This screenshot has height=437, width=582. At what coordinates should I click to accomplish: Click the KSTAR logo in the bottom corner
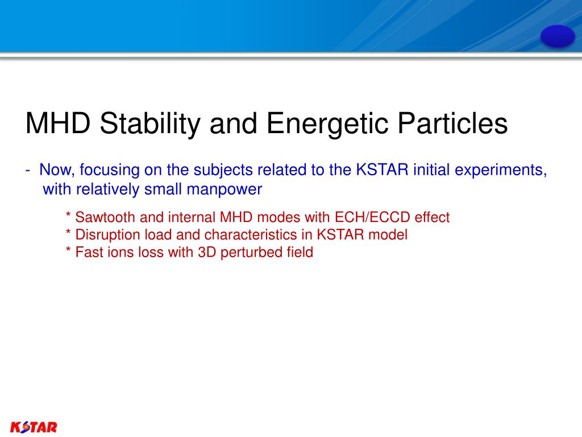click(34, 427)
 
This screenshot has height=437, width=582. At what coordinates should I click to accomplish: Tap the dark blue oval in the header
click(558, 36)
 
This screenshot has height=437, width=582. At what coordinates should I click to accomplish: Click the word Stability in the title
click(150, 123)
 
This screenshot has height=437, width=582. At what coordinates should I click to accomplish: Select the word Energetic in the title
click(327, 123)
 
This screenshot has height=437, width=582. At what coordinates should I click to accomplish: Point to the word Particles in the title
click(452, 123)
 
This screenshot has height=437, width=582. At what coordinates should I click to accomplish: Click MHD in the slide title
click(58, 123)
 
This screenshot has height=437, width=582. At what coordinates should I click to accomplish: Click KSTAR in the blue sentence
click(382, 170)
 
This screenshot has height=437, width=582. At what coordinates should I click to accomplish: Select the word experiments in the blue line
click(500, 170)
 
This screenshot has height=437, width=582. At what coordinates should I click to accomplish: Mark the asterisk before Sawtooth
click(68, 215)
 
